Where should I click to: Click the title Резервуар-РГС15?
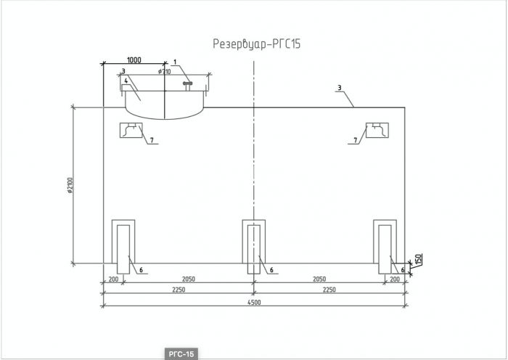click(257, 44)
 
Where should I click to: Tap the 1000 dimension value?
click(134, 60)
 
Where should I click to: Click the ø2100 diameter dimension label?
click(70, 185)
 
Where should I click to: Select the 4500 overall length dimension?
click(255, 303)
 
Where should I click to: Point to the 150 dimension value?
click(418, 259)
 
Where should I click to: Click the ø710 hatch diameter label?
click(164, 72)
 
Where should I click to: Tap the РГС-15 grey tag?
click(181, 354)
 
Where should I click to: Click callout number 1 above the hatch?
click(175, 62)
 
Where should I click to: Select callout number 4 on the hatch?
click(126, 81)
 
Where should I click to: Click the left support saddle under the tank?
click(123, 247)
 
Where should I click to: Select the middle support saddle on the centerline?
click(254, 247)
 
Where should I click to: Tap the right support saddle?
click(385, 247)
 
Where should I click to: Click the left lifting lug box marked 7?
click(131, 130)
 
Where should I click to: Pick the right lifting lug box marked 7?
click(377, 130)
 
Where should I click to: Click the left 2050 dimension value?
click(189, 279)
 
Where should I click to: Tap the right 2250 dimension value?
click(329, 290)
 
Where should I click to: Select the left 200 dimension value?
click(113, 279)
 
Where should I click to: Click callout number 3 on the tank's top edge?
click(339, 88)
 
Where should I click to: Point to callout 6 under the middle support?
click(271, 269)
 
